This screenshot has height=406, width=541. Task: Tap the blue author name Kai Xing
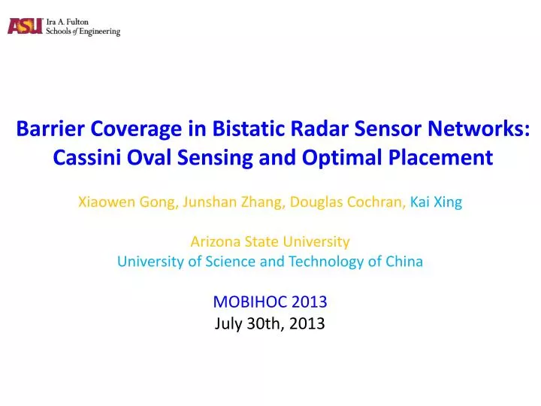(x=436, y=201)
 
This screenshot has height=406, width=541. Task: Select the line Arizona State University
(x=270, y=242)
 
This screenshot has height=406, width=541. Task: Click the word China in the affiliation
(x=403, y=262)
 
